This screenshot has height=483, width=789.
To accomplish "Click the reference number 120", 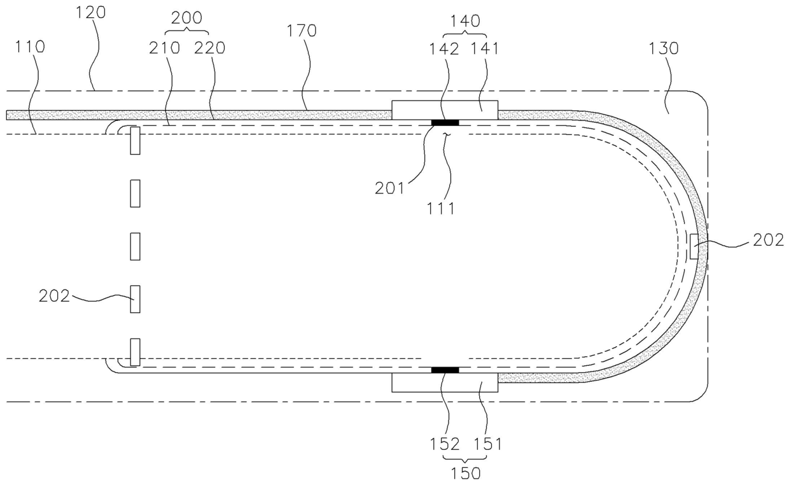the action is tap(91, 13).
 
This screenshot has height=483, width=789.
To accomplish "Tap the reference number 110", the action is tap(30, 46).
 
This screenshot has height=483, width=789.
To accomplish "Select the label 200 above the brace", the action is tap(186, 18).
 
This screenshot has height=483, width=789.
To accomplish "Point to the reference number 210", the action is tap(165, 48).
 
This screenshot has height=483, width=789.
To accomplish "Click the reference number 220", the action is tap(209, 48).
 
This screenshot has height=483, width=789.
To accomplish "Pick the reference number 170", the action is tap(302, 31).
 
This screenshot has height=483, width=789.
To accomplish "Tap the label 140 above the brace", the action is tap(465, 21).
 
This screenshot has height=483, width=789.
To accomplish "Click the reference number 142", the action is tap(444, 49).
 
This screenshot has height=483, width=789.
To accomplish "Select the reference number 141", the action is tap(485, 49).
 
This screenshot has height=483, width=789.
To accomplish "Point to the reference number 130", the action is tap(664, 48).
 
